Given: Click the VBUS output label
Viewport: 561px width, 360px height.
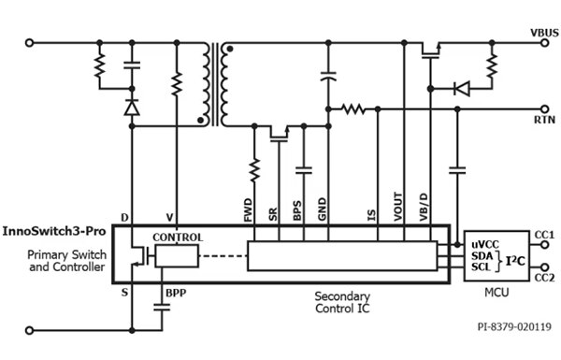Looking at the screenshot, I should (x=543, y=32).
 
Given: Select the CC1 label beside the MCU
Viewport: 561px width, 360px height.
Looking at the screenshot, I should (x=544, y=234).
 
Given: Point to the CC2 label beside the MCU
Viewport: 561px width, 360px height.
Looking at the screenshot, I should (x=544, y=278).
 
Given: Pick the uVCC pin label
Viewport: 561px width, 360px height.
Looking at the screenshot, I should (x=484, y=243).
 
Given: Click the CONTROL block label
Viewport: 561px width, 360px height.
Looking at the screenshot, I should (x=178, y=238).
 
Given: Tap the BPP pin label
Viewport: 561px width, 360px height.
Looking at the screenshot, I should (x=177, y=293).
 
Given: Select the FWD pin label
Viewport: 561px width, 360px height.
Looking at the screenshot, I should (x=249, y=211).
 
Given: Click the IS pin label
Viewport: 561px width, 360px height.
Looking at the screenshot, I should (x=372, y=214).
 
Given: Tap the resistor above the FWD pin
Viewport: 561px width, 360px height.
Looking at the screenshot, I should (x=254, y=171).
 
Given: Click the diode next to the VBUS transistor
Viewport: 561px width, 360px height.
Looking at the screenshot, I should (x=459, y=89).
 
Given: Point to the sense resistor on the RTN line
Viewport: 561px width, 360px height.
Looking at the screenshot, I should (x=352, y=108).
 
